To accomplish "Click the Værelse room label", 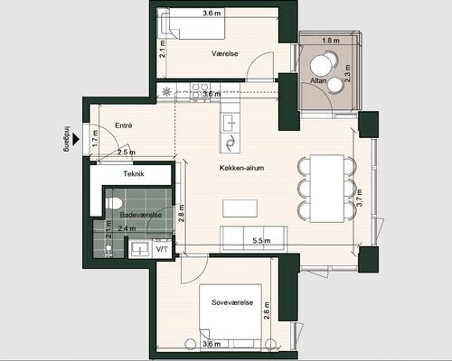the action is (225, 53).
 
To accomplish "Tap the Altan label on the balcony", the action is (318, 80).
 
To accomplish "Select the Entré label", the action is (124, 125).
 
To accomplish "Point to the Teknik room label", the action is (134, 173).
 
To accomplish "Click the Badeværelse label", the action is (141, 215).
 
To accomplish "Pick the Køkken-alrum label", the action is (241, 168).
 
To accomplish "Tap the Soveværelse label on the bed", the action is (232, 302).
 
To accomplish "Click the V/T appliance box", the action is (162, 249).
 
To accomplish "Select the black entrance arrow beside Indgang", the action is (76, 139).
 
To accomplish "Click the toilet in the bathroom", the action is (113, 203).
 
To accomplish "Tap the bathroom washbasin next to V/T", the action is (140, 249).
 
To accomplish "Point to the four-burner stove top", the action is (199, 92).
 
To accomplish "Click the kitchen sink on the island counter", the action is (231, 123).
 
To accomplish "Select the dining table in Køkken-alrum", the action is (327, 189).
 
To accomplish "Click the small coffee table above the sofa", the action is (240, 208).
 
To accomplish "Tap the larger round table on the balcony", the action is (321, 67).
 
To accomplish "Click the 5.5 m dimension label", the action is (261, 240).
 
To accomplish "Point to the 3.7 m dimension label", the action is (359, 198).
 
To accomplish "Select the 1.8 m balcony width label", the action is (331, 41).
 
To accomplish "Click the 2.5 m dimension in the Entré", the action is (127, 153).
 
